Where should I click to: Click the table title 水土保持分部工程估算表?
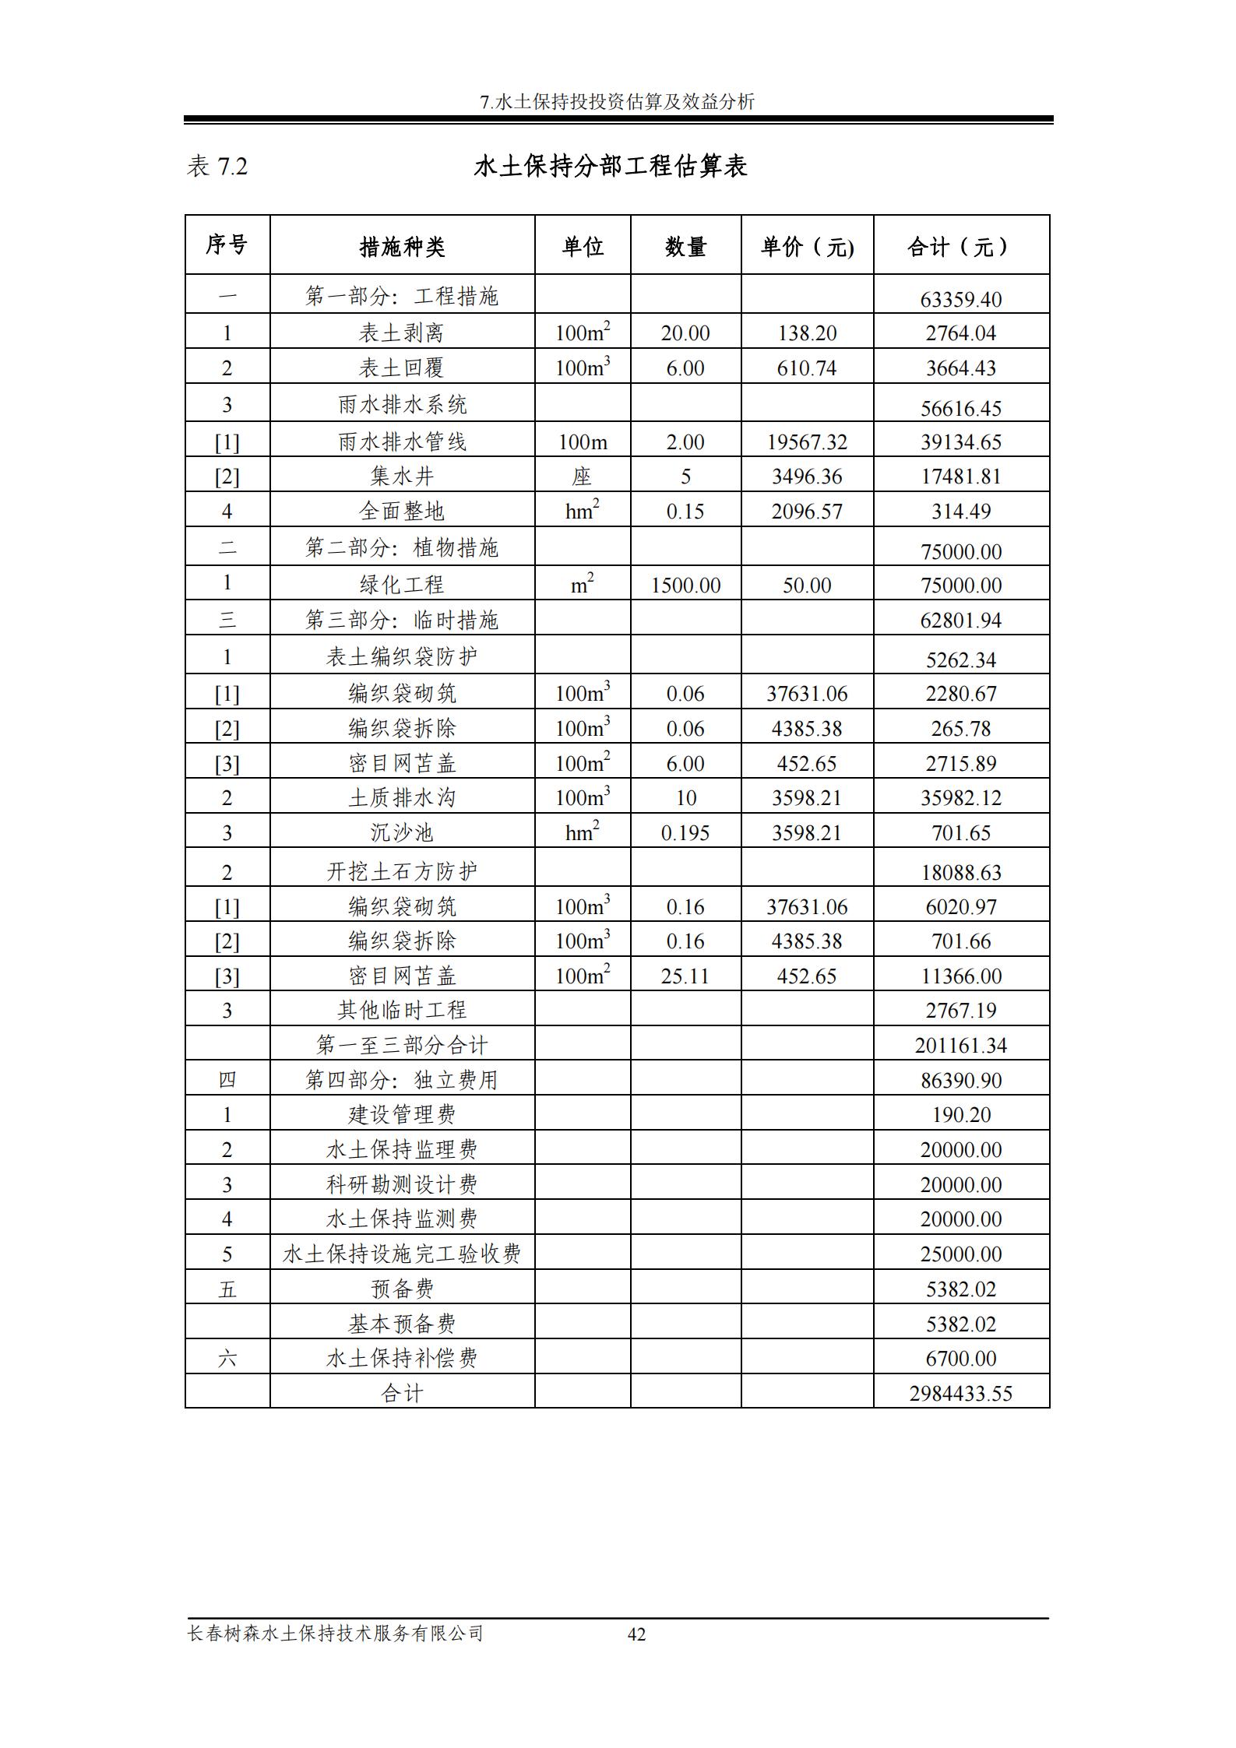tap(611, 167)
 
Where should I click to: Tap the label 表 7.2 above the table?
tap(217, 167)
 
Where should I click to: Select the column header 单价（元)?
tap(807, 247)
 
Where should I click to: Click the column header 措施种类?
tap(402, 247)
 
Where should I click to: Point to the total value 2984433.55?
tap(960, 1393)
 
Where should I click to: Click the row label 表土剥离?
tap(402, 333)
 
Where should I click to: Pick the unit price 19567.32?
tap(807, 442)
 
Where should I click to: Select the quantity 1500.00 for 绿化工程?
tap(685, 586)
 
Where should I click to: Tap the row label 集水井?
tap(402, 477)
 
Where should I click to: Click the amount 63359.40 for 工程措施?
tap(960, 299)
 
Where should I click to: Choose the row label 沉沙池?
tap(402, 833)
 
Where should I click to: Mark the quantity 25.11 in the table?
tap(685, 976)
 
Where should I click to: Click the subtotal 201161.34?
tap(960, 1045)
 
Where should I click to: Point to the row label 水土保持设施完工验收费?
tap(402, 1254)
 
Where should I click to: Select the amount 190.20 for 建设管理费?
tap(960, 1115)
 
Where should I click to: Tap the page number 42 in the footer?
tap(636, 1634)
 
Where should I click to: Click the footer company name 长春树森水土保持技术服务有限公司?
tap(336, 1633)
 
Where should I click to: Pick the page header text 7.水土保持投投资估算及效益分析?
tap(618, 102)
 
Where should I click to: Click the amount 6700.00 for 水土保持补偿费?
tap(960, 1359)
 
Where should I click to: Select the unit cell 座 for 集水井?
tap(582, 477)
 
